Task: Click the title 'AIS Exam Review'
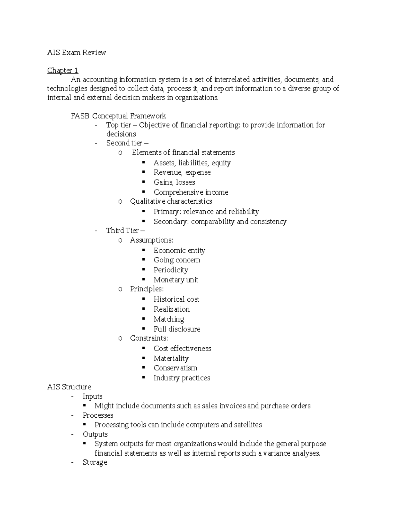click(76, 52)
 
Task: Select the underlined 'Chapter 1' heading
click(63, 70)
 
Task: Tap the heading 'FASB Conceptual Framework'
click(118, 116)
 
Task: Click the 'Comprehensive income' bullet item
click(191, 192)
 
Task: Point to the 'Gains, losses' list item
click(174, 182)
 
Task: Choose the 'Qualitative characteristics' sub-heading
click(171, 201)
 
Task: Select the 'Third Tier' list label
click(122, 230)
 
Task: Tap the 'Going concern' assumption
click(177, 260)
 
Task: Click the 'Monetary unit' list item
click(176, 280)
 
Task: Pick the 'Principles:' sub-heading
click(147, 289)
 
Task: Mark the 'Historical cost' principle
click(176, 299)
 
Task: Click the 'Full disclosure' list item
click(177, 329)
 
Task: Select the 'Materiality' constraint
click(171, 359)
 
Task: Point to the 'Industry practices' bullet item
click(182, 378)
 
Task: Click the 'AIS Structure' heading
click(69, 387)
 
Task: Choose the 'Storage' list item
click(95, 462)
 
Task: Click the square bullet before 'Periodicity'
click(143, 269)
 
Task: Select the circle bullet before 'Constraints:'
click(120, 338)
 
